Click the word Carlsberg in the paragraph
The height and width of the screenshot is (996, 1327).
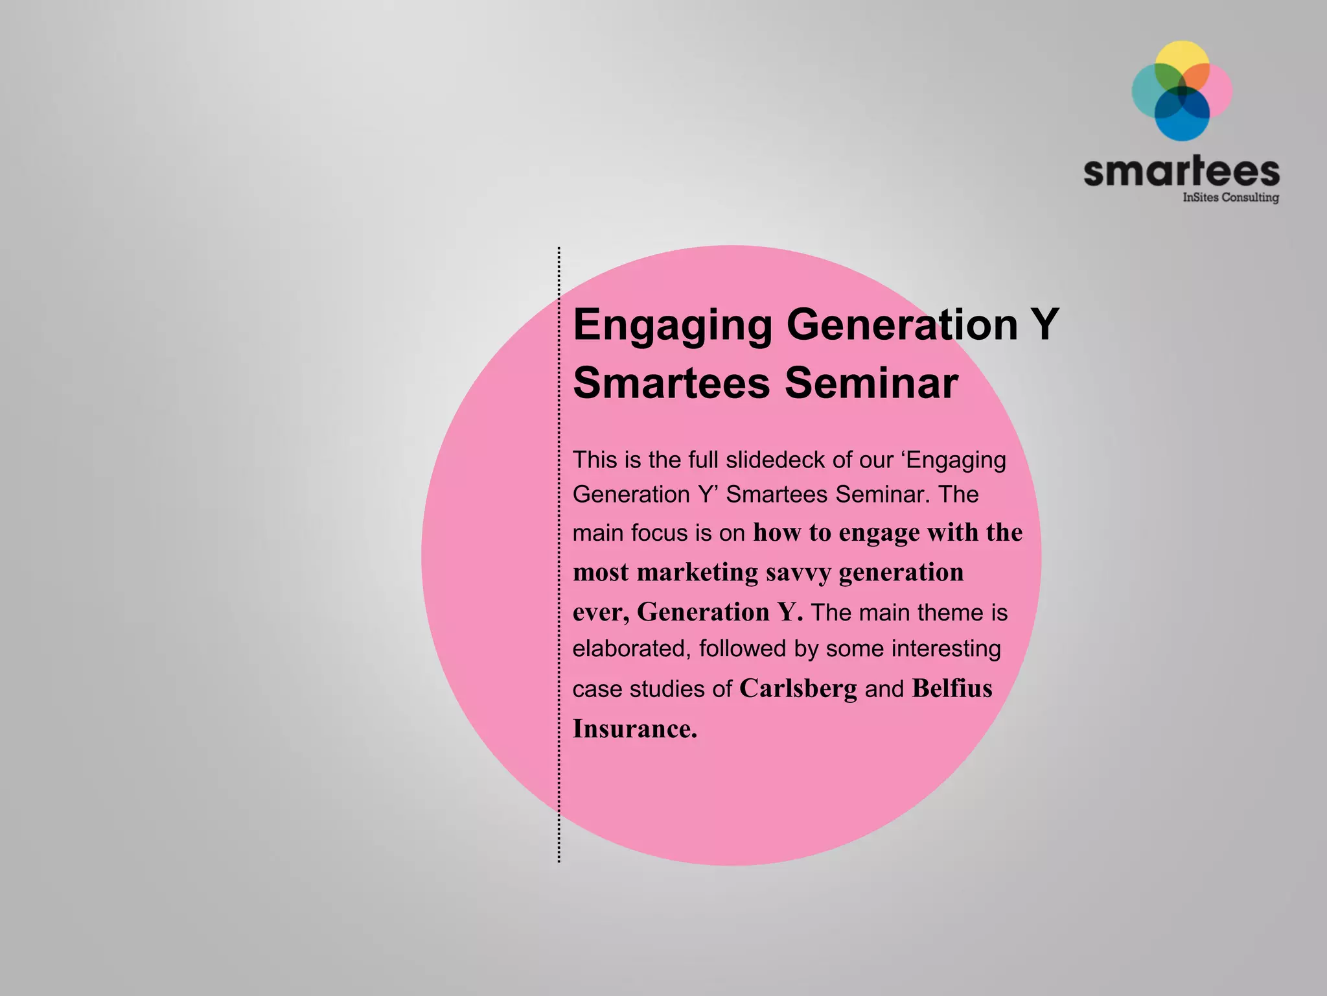pos(798,689)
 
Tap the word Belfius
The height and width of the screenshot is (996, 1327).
pos(952,689)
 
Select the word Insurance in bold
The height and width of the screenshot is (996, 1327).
pos(634,729)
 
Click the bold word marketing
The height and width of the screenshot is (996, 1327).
pos(697,573)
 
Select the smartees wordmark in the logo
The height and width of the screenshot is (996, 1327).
pos(1181,171)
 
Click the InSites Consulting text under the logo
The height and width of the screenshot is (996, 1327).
pos(1230,197)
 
